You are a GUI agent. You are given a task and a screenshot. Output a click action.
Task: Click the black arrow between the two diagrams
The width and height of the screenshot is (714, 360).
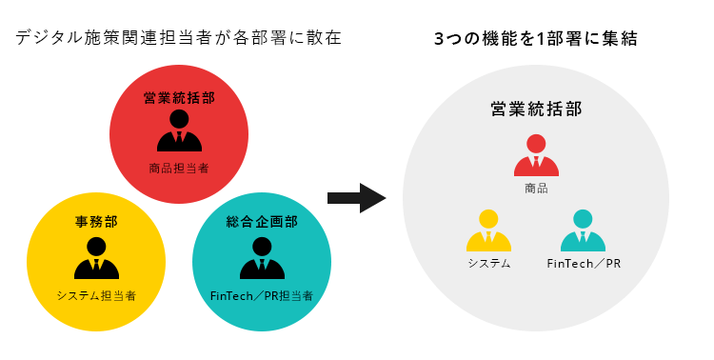pyautogui.click(x=355, y=198)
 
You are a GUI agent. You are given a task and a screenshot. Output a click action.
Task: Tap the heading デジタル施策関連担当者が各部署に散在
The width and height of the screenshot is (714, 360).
pyautogui.click(x=178, y=39)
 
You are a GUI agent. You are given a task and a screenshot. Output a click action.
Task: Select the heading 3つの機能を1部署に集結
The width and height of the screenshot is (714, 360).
pyautogui.click(x=535, y=39)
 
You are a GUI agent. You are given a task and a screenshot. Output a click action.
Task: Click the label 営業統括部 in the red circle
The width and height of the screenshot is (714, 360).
pyautogui.click(x=179, y=98)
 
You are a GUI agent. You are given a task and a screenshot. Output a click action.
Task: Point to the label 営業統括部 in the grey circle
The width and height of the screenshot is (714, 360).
pyautogui.click(x=536, y=109)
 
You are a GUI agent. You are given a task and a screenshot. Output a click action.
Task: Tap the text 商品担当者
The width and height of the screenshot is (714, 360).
pyautogui.click(x=179, y=168)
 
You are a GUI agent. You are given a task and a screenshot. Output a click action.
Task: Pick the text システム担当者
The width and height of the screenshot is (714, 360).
pyautogui.click(x=96, y=295)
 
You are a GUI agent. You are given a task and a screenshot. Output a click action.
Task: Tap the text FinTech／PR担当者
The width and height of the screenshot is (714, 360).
pyautogui.click(x=262, y=295)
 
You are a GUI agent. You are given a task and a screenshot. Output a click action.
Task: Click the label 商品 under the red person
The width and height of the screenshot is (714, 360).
pyautogui.click(x=536, y=189)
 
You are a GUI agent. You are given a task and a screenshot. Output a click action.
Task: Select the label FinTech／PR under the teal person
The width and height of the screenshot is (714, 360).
pyautogui.click(x=584, y=263)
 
